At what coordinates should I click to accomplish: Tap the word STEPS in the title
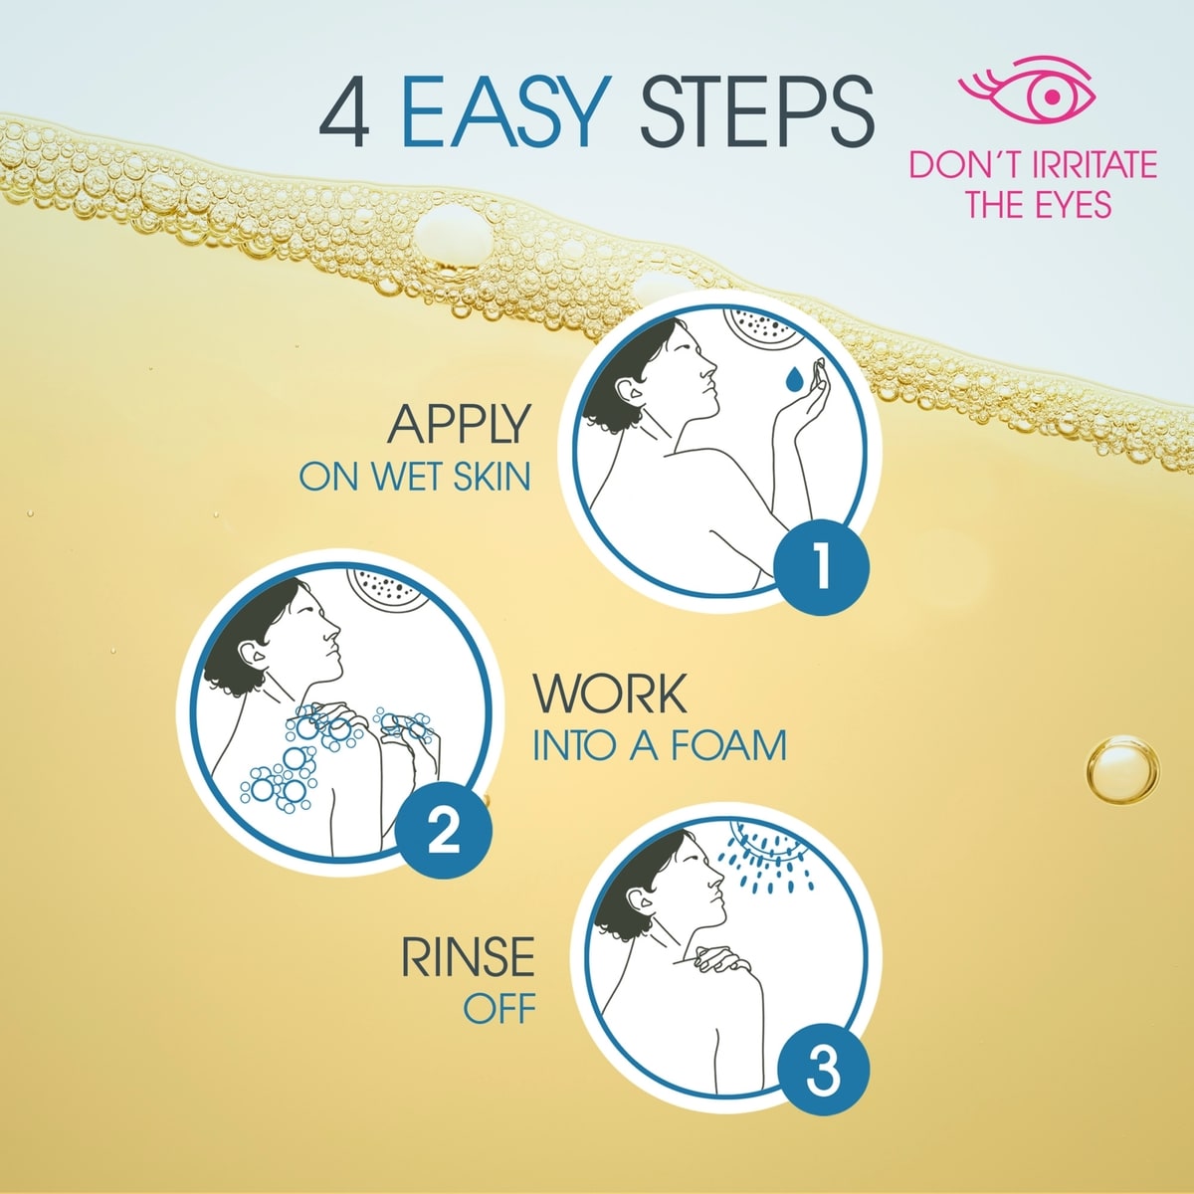[x=756, y=111]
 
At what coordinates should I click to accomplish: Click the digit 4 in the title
[x=344, y=112]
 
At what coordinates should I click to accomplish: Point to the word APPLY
[x=459, y=424]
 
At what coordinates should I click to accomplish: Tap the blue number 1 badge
[x=822, y=567]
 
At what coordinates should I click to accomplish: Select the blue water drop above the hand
[x=794, y=378]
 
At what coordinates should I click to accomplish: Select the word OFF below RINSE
[x=499, y=1009]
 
